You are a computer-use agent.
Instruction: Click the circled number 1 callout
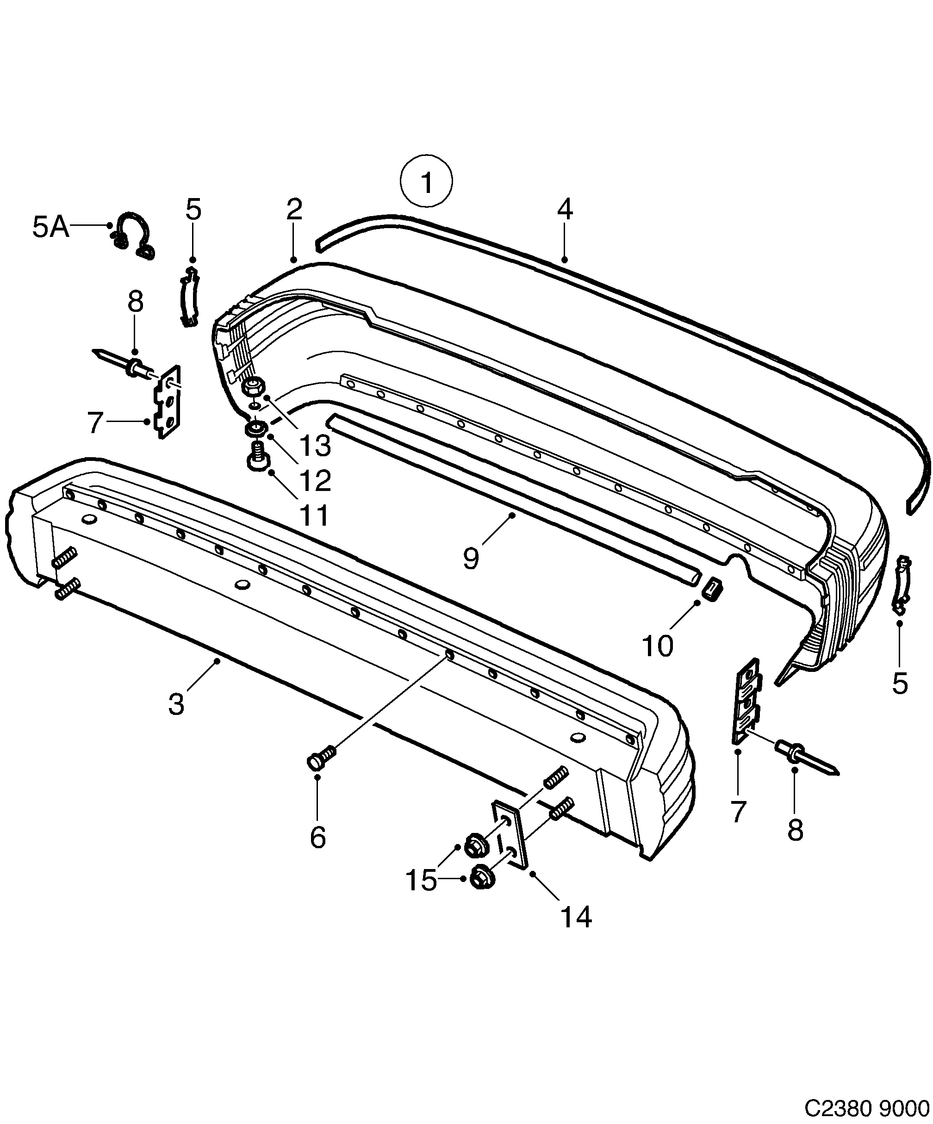click(426, 181)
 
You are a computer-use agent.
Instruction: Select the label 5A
click(51, 227)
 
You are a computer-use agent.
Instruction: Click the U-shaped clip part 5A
click(133, 235)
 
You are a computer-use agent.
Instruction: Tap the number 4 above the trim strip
click(565, 209)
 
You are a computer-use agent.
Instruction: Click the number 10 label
click(657, 646)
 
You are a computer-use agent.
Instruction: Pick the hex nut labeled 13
click(252, 386)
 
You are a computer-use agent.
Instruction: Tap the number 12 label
click(315, 480)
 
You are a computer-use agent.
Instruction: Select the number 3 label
click(176, 704)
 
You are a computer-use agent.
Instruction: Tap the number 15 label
click(421, 880)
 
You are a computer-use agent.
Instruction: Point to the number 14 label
click(576, 917)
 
